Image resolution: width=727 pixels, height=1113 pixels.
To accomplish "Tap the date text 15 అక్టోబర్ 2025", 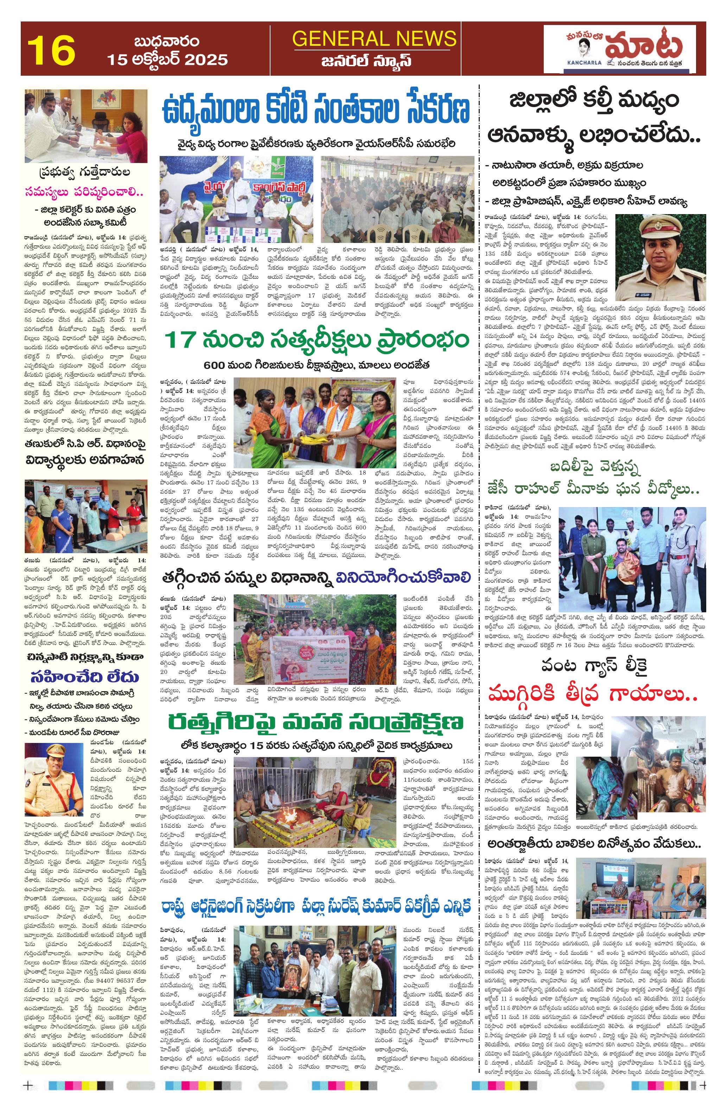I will [x=167, y=60].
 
